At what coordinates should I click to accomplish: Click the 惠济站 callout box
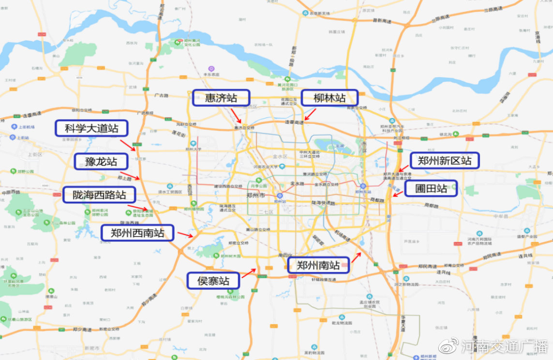click(x=221, y=98)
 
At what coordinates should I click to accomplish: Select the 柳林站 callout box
click(x=329, y=98)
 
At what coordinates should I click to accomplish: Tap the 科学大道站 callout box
click(x=92, y=129)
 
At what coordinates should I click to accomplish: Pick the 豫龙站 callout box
click(x=101, y=162)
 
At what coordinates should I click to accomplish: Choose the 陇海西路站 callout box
click(x=99, y=195)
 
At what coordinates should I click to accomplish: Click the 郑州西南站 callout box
click(x=137, y=233)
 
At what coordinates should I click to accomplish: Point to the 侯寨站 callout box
click(x=213, y=281)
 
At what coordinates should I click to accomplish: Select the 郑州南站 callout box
click(x=318, y=265)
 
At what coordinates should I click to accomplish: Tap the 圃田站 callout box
click(x=430, y=188)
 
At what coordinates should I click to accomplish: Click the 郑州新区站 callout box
click(x=445, y=161)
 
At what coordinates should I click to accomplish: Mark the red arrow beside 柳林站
click(x=310, y=115)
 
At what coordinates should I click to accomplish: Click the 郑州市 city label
click(x=255, y=195)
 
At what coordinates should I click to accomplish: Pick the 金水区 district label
click(x=280, y=157)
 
